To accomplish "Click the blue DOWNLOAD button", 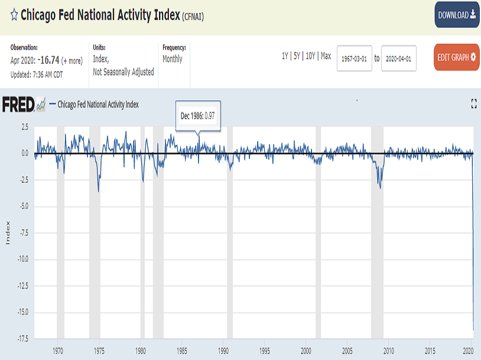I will (457, 15).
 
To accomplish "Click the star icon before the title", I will (14, 15).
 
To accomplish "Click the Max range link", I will (326, 56).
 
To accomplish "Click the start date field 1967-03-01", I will (354, 58).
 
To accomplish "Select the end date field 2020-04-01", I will (398, 58).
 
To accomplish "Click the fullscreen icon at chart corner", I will (473, 104).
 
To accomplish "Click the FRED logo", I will (24, 105).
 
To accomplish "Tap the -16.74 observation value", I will (47, 60).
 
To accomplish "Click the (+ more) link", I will (72, 61).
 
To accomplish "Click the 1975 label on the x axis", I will (99, 351).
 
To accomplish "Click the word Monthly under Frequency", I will (173, 59).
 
